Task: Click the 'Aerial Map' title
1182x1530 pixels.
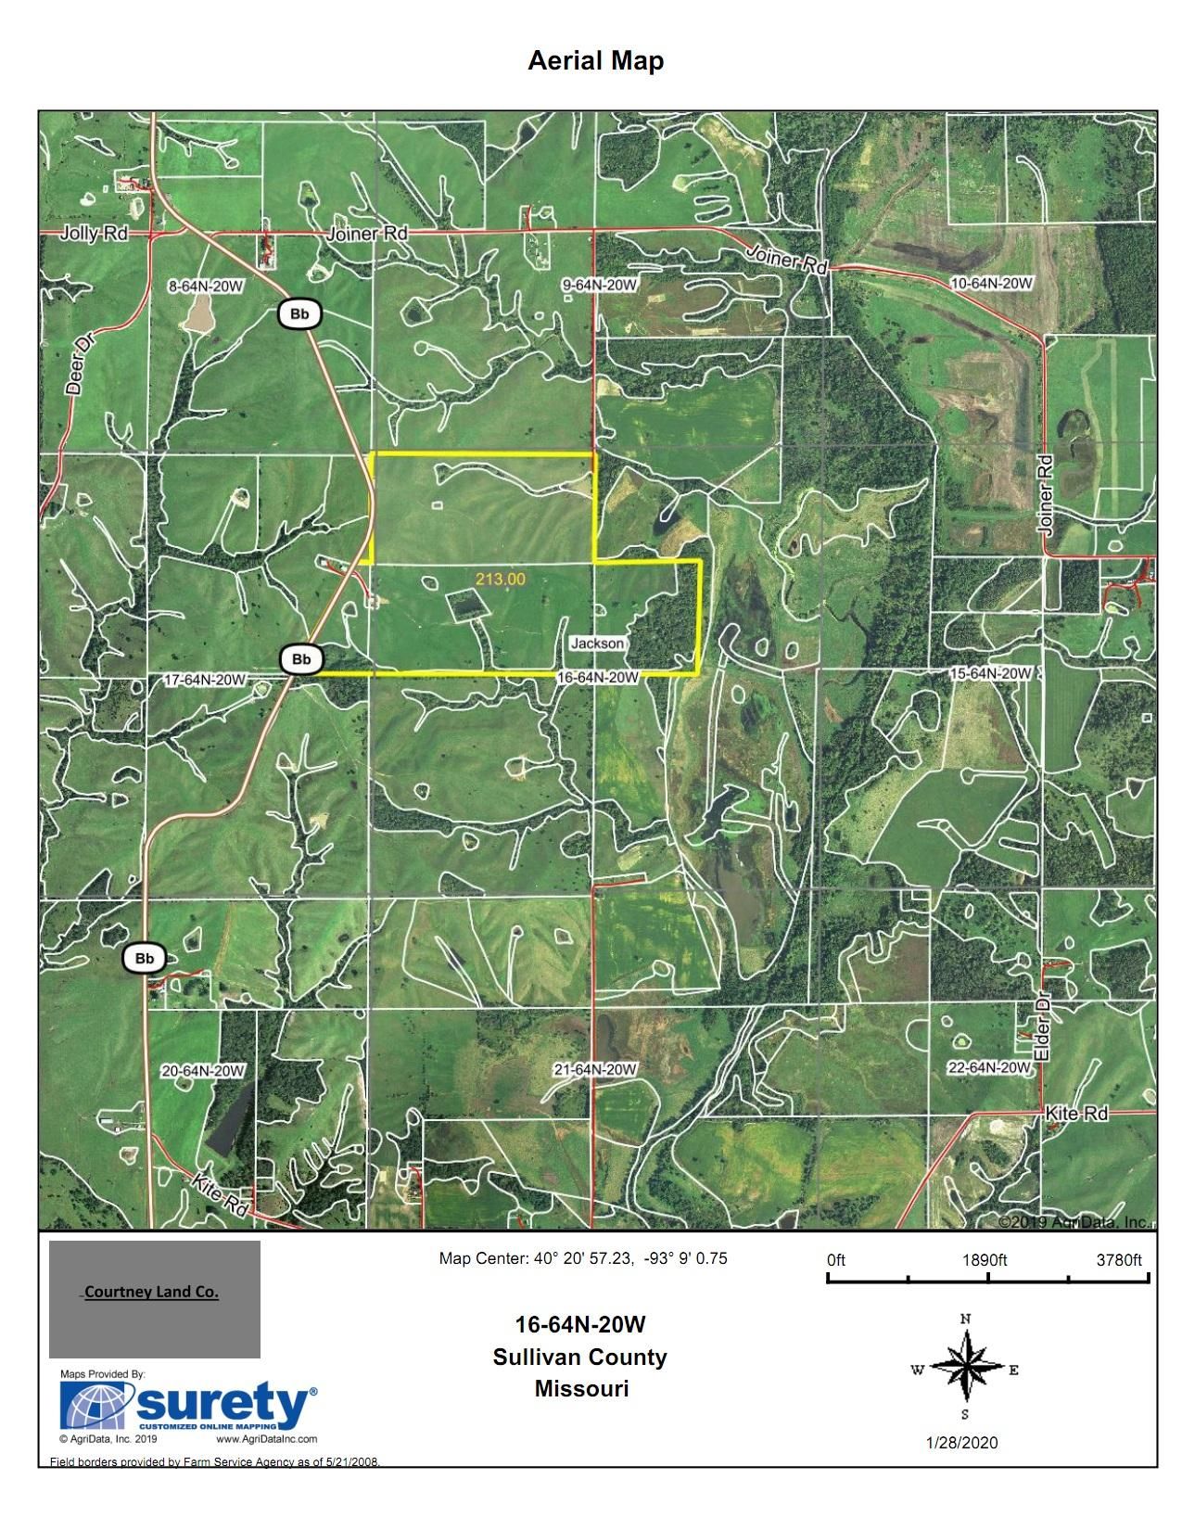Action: pyautogui.click(x=595, y=61)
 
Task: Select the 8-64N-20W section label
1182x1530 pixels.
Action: pyautogui.click(x=205, y=287)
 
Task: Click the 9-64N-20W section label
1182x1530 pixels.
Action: pyautogui.click(x=599, y=286)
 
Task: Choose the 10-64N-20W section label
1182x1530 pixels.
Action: pyautogui.click(x=992, y=282)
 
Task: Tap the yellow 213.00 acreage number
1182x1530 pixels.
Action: pyautogui.click(x=501, y=579)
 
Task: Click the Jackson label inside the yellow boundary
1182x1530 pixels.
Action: pyautogui.click(x=597, y=644)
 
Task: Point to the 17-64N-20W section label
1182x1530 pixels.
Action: pyautogui.click(x=204, y=680)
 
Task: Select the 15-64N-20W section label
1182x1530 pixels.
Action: pyautogui.click(x=991, y=672)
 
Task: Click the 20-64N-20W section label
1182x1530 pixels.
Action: pyautogui.click(x=203, y=1071)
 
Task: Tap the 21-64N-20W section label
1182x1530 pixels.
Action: pyautogui.click(x=595, y=1070)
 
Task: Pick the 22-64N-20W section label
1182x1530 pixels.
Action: pyautogui.click(x=988, y=1068)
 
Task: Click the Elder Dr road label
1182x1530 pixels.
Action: pyautogui.click(x=1043, y=1031)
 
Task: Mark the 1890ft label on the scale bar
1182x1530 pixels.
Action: pyautogui.click(x=985, y=1260)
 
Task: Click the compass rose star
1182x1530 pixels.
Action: pyautogui.click(x=964, y=1367)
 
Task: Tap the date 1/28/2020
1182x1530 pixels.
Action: pyautogui.click(x=961, y=1443)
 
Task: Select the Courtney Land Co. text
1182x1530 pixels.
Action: pyautogui.click(x=151, y=1293)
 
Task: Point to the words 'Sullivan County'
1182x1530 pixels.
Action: pyautogui.click(x=580, y=1357)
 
